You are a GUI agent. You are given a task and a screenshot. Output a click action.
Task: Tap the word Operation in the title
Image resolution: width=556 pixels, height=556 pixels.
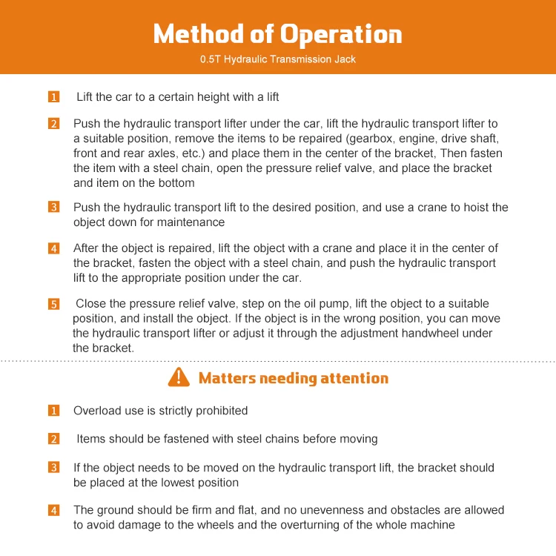point(340,34)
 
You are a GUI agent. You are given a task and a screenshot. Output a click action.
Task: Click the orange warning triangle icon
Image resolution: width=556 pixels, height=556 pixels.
point(179,377)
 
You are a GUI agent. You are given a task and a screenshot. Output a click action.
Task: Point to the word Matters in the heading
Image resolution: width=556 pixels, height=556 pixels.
point(227,378)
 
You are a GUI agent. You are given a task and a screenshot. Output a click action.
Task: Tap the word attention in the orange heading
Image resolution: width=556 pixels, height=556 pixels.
point(354,378)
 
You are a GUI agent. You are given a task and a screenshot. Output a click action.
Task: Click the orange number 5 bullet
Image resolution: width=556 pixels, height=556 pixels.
point(54,304)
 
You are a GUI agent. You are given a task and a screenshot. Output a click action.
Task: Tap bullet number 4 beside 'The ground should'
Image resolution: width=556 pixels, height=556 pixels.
point(54,510)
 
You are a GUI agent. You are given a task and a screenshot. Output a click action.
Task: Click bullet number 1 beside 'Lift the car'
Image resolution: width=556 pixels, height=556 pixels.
point(54,97)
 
